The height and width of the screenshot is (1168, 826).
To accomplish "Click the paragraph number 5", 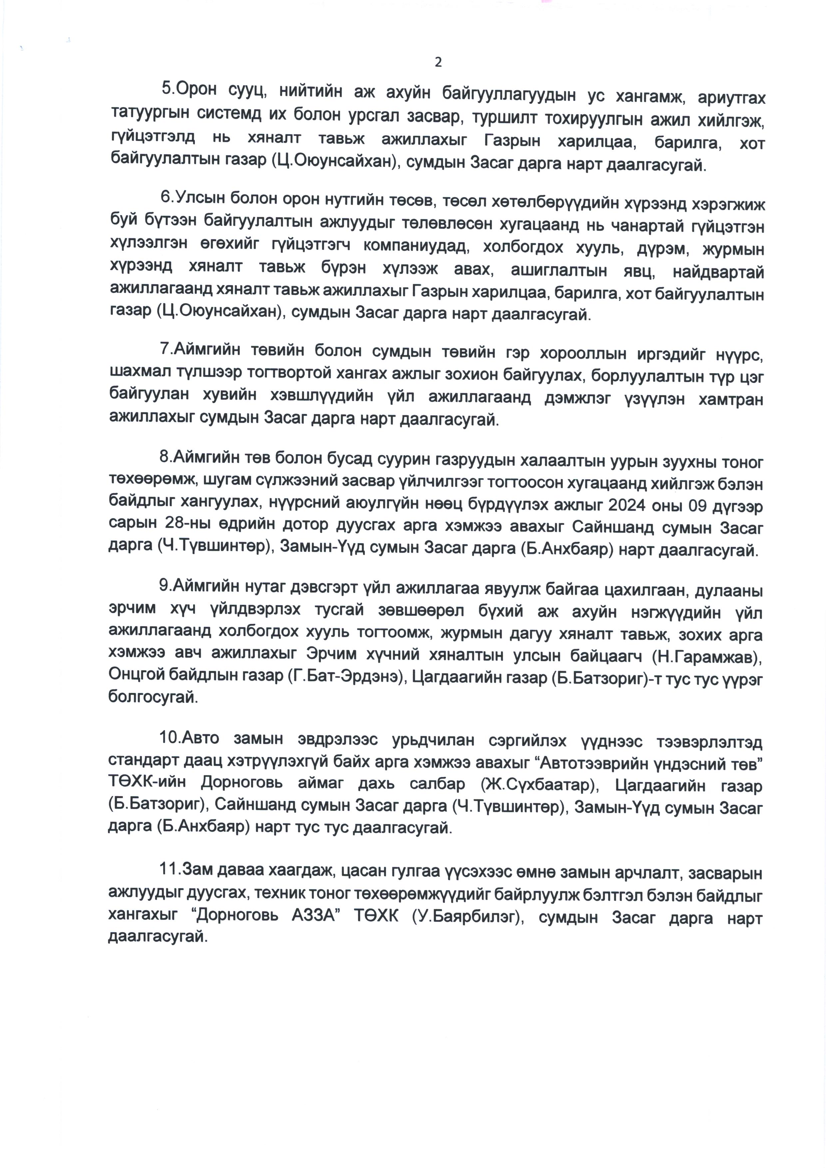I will [x=166, y=88].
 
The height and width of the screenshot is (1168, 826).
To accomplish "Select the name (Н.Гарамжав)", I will [x=706, y=657].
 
